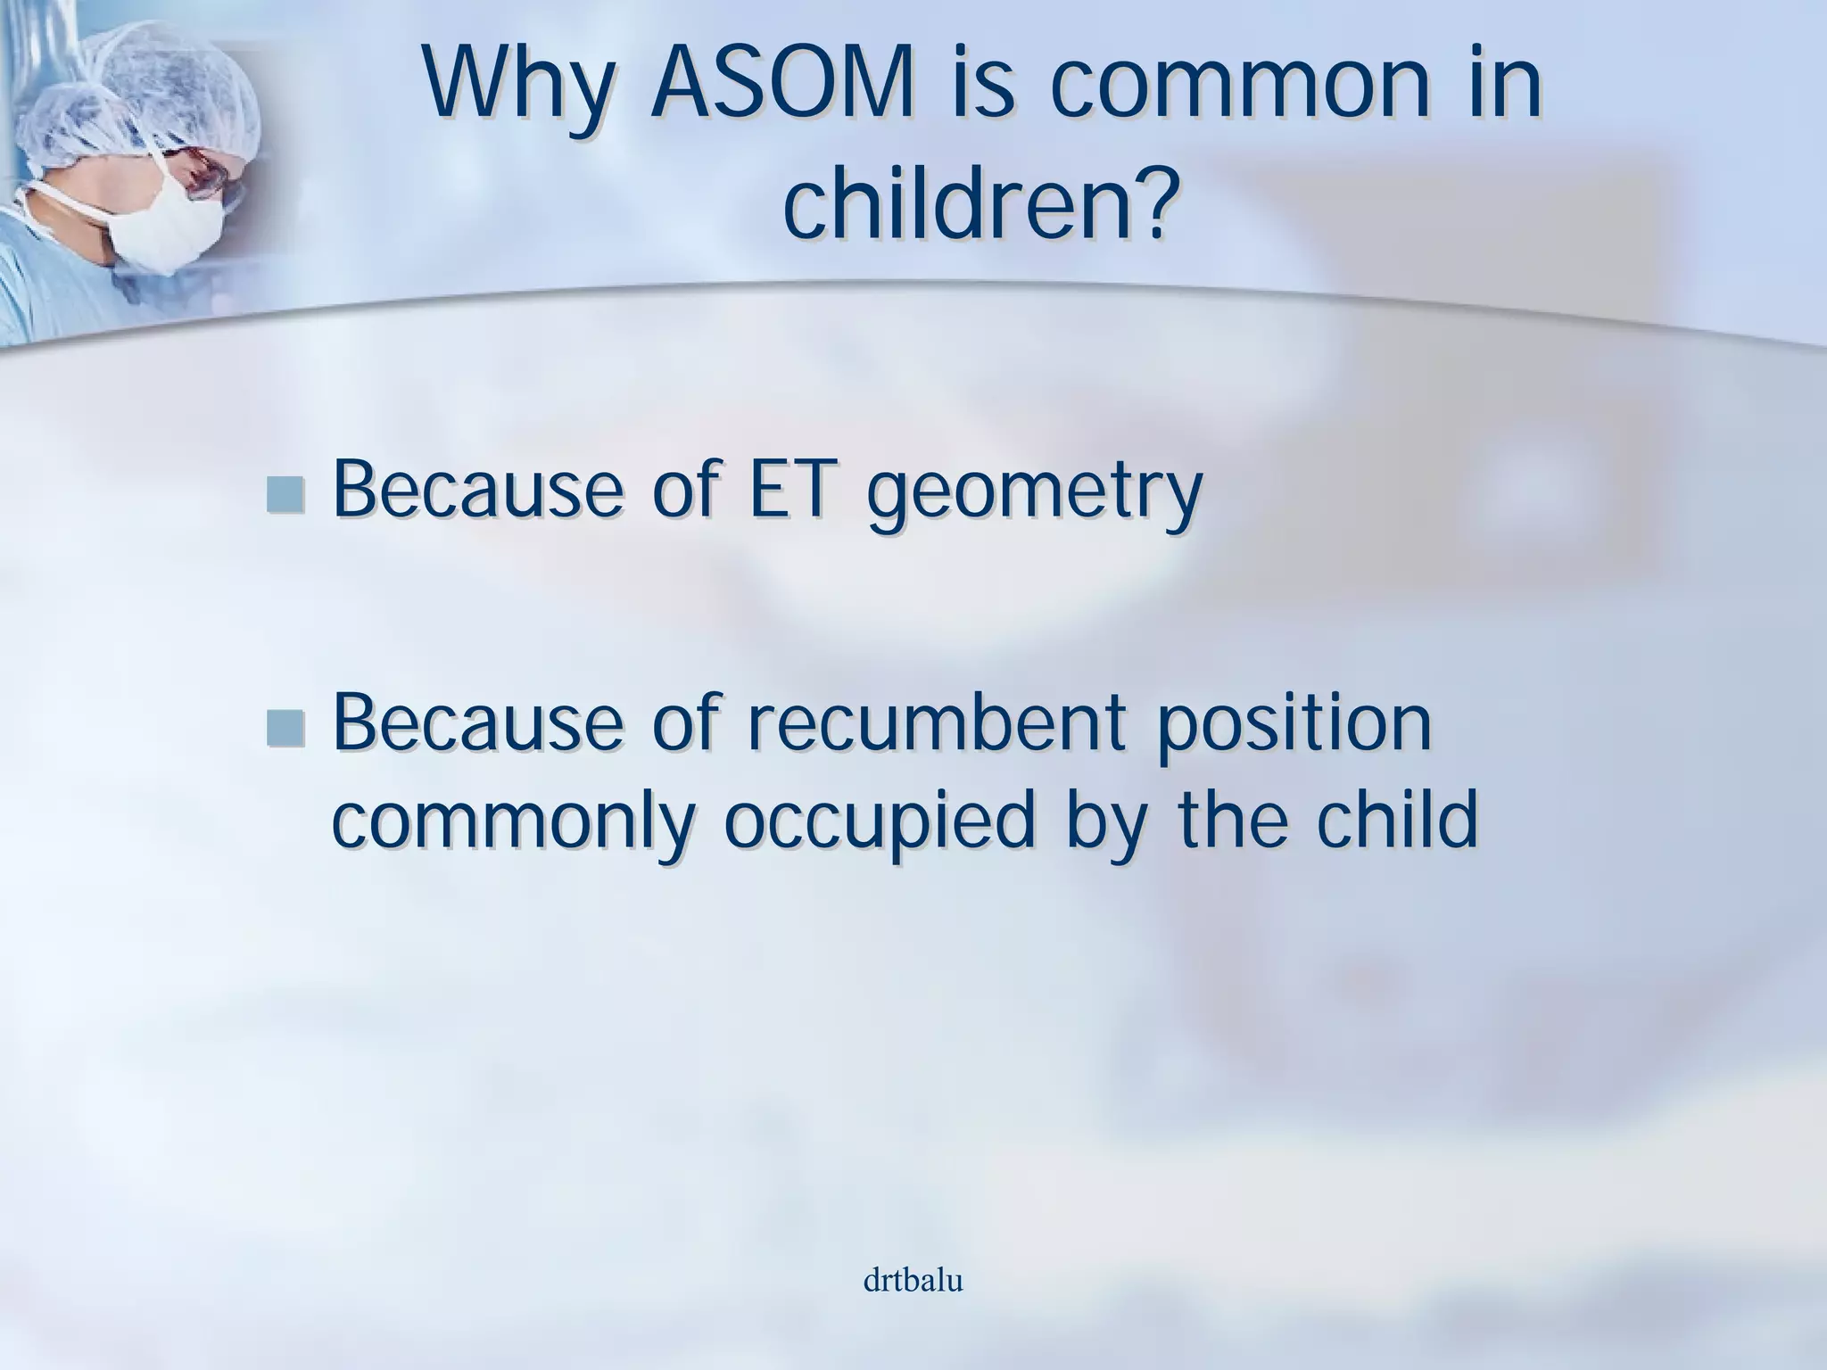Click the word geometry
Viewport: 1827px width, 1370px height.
point(1035,495)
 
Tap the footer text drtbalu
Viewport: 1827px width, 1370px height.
point(913,1282)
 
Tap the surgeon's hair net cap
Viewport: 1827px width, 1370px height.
point(152,80)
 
